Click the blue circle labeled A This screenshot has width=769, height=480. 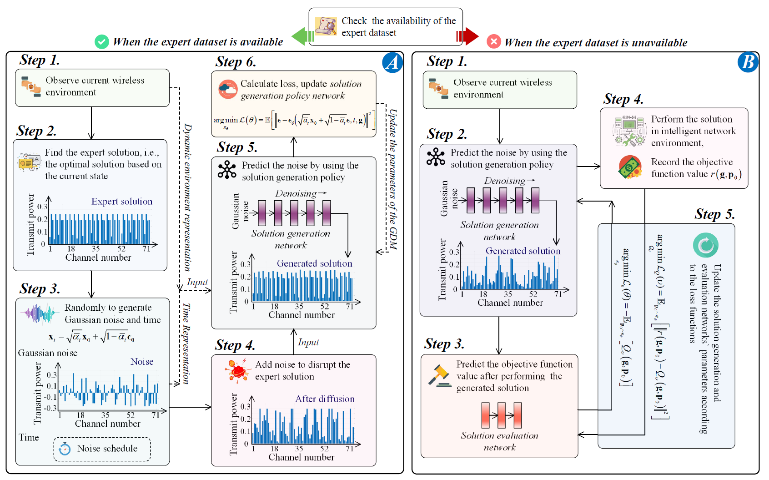pyautogui.click(x=392, y=62)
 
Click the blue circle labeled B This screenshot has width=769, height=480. pyautogui.click(x=748, y=62)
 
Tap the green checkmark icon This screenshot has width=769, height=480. pyautogui.click(x=101, y=42)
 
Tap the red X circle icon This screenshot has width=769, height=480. pyautogui.click(x=493, y=41)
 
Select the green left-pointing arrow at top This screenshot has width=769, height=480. pyautogui.click(x=302, y=36)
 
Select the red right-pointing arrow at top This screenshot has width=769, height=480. pyautogui.click(x=468, y=36)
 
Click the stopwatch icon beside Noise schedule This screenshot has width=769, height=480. pyautogui.click(x=65, y=449)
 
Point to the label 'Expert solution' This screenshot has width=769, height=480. pyautogui.click(x=121, y=202)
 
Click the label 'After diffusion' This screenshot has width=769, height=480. pyautogui.click(x=324, y=399)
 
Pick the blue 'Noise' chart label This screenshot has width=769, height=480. pyautogui.click(x=141, y=362)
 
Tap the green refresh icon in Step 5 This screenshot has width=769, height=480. pyautogui.click(x=705, y=245)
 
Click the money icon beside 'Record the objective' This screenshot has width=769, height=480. pyautogui.click(x=630, y=167)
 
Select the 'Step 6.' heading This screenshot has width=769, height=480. pyautogui.click(x=236, y=62)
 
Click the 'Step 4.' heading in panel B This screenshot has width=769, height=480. pyautogui.click(x=623, y=99)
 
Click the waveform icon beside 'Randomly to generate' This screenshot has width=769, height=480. pyautogui.click(x=40, y=313)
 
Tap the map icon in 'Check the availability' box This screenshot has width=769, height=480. pyautogui.click(x=326, y=26)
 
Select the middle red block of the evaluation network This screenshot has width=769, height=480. pyautogui.click(x=502, y=415)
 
